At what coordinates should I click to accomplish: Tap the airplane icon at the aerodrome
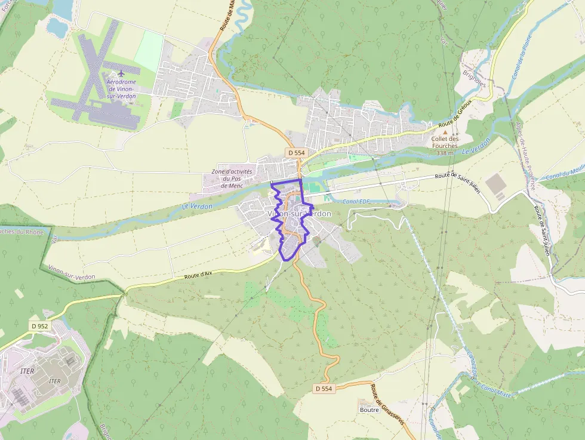pyautogui.click(x=121, y=73)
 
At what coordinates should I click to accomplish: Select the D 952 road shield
pyautogui.click(x=40, y=326)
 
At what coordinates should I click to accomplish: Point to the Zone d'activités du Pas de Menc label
pyautogui.click(x=232, y=179)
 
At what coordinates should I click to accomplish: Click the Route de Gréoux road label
pyautogui.click(x=455, y=125)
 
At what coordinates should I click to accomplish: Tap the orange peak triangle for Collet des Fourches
pyautogui.click(x=444, y=131)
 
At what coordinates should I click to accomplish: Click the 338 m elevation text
pyautogui.click(x=445, y=153)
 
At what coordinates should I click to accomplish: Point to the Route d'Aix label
pyautogui.click(x=199, y=275)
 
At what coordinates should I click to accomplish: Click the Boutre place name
pyautogui.click(x=370, y=410)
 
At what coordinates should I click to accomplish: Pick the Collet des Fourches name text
pyautogui.click(x=445, y=142)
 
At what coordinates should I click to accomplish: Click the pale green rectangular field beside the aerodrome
pyautogui.click(x=148, y=51)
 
